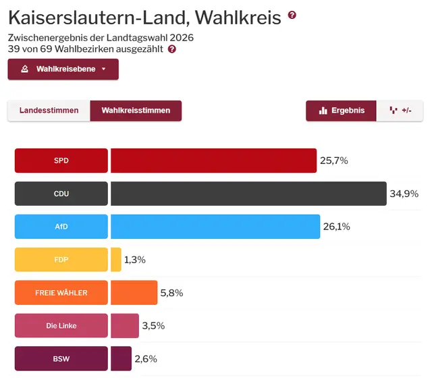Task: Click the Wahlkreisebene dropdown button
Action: (x=63, y=69)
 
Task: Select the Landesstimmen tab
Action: (x=49, y=111)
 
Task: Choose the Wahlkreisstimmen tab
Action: (x=136, y=111)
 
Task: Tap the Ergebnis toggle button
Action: (x=341, y=111)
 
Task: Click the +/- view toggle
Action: (x=400, y=111)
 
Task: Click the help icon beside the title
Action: (x=292, y=15)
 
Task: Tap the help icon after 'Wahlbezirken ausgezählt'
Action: (x=172, y=49)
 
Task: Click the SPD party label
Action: (x=61, y=161)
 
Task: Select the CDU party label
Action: (x=61, y=194)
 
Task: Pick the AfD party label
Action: (x=61, y=227)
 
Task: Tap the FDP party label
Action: (x=61, y=260)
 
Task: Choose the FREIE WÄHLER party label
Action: (x=61, y=293)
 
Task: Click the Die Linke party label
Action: (x=61, y=326)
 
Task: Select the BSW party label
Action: (x=61, y=359)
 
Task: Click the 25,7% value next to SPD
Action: (x=333, y=161)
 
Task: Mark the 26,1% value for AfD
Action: (x=336, y=227)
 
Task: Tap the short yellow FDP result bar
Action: (x=116, y=260)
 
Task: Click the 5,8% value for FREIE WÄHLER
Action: (x=171, y=293)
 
